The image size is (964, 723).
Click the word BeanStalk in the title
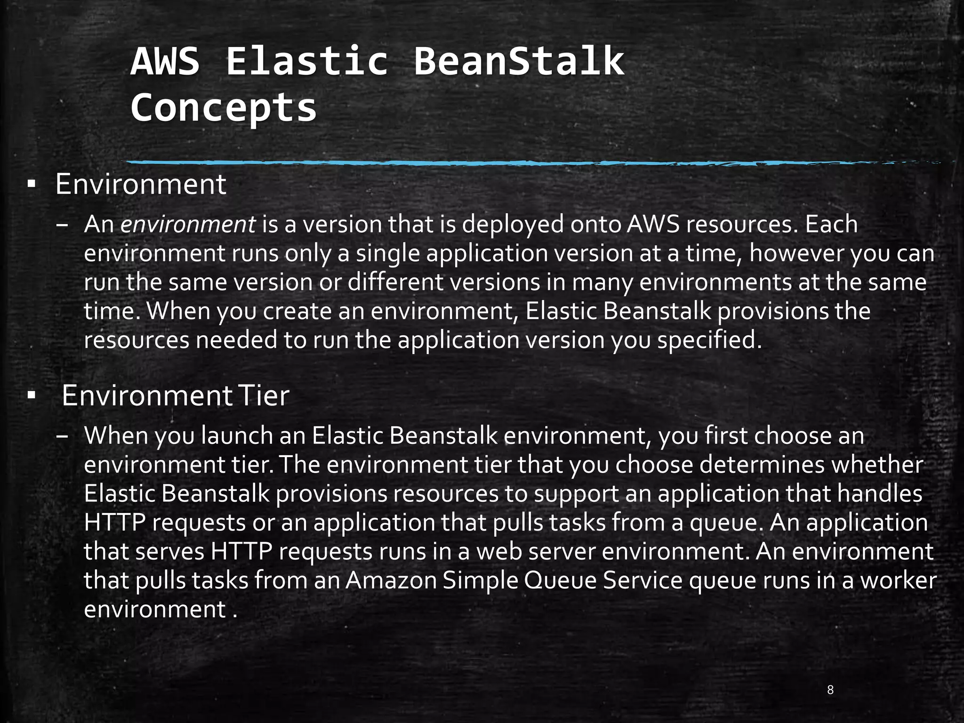point(519,61)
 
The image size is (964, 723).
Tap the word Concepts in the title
point(224,107)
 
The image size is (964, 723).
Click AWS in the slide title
point(165,61)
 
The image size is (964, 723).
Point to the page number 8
point(830,690)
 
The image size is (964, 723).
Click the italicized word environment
point(188,225)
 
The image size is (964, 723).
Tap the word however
point(796,253)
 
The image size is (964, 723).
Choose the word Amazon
point(392,581)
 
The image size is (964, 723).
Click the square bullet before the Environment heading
point(32,185)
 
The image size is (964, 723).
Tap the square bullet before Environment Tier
point(32,396)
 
